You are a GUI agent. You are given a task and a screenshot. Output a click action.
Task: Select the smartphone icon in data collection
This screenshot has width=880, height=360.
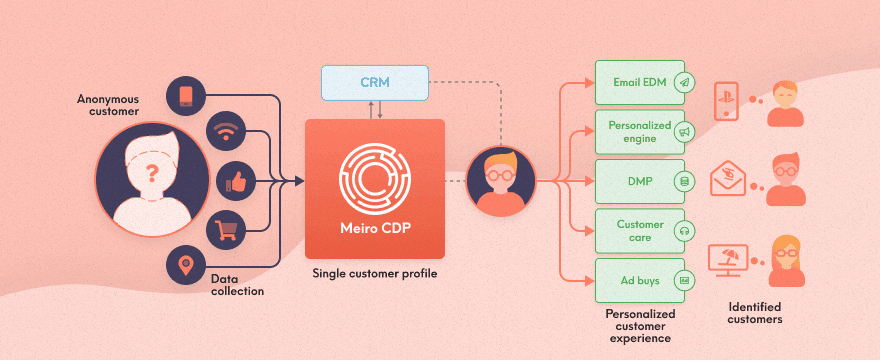(x=188, y=94)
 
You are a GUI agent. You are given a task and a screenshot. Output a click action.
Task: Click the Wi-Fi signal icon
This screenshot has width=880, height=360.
(x=226, y=133)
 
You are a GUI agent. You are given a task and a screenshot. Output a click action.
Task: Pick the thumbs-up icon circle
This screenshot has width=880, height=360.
(x=236, y=181)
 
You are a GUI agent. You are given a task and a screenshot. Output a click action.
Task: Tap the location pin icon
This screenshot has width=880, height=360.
(x=186, y=265)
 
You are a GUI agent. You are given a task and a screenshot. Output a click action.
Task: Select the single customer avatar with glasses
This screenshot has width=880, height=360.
(x=501, y=181)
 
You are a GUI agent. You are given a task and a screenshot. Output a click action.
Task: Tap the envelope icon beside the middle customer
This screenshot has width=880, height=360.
(x=729, y=181)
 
